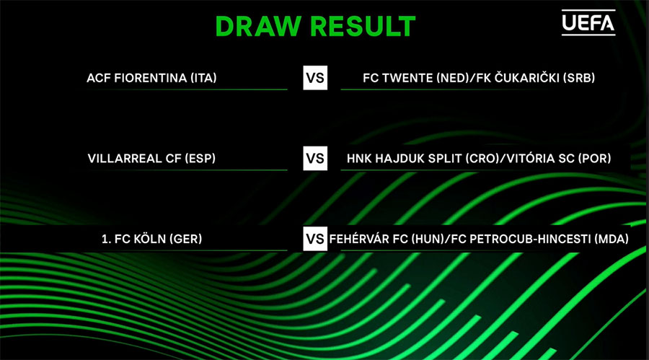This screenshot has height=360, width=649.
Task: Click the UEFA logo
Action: coord(588,22)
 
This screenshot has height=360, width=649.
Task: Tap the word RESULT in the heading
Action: coord(363,27)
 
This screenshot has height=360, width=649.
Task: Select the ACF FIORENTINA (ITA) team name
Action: coord(151,78)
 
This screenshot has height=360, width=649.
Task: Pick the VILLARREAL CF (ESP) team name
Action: coord(151,158)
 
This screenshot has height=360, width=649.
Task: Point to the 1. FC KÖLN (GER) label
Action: coord(151,239)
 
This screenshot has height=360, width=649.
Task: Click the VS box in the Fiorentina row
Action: coord(315,78)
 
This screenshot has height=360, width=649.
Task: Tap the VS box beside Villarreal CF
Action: coord(315,158)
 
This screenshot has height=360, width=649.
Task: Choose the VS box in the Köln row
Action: coord(315,239)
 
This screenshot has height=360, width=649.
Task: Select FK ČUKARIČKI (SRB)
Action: coord(536,77)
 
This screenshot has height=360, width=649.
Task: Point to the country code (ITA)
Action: coord(203,78)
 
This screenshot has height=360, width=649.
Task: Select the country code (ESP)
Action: coord(200,158)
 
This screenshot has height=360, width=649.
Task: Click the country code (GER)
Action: coord(186,239)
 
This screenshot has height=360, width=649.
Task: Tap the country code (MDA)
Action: coord(612,239)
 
